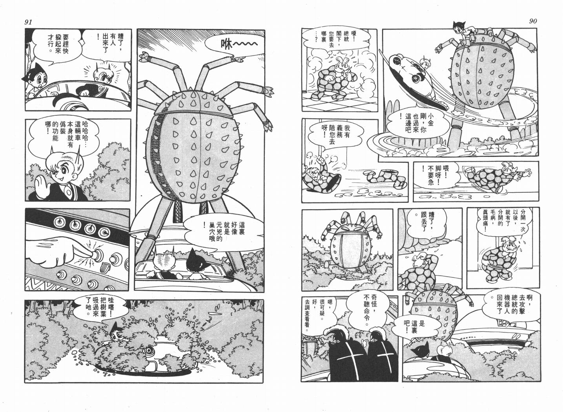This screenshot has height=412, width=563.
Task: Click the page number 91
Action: (28, 22)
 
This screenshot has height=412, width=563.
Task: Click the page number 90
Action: (532, 21)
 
